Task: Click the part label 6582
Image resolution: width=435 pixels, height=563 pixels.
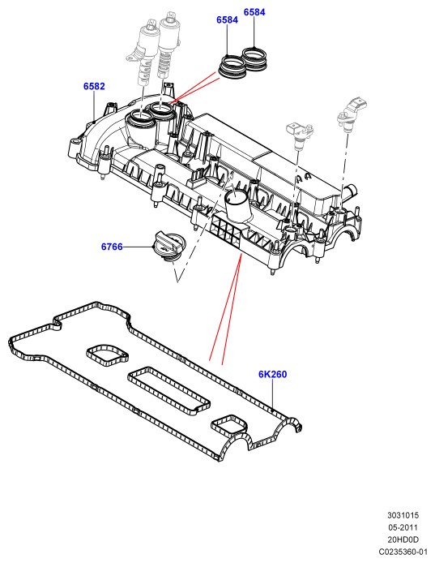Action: pyautogui.click(x=94, y=86)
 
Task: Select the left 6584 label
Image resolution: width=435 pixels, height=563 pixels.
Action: pyautogui.click(x=227, y=19)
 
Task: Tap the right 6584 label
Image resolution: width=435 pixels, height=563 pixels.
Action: pyautogui.click(x=254, y=12)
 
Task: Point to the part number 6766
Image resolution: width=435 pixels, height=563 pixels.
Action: pyautogui.click(x=112, y=247)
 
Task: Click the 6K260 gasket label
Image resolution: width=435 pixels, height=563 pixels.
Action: pyautogui.click(x=272, y=374)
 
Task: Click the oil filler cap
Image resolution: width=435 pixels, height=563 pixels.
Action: pyautogui.click(x=168, y=246)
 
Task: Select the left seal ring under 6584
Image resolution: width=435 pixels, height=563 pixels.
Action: pyautogui.click(x=232, y=66)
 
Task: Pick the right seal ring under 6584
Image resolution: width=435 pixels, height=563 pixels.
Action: pyautogui.click(x=254, y=58)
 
